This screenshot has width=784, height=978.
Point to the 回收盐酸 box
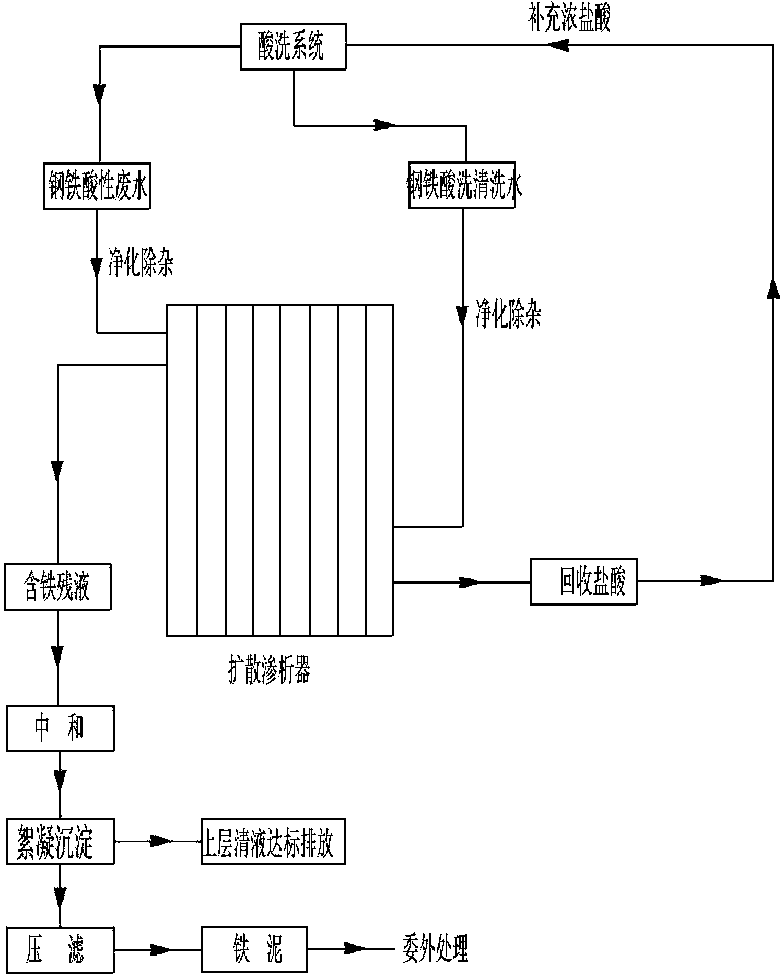click(x=583, y=581)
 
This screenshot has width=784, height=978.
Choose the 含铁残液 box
click(x=57, y=586)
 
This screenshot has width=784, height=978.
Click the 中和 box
click(x=60, y=728)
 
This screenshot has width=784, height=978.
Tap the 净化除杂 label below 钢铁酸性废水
click(x=140, y=264)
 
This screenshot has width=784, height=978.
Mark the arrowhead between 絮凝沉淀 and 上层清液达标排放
click(x=161, y=841)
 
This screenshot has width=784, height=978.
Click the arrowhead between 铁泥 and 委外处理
click(x=354, y=948)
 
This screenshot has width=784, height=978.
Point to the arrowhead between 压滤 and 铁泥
click(x=161, y=949)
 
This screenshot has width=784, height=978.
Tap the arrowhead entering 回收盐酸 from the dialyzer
click(x=468, y=581)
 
